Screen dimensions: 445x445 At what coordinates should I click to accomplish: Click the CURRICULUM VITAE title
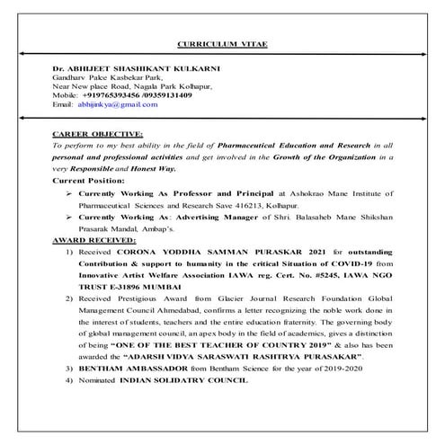click(x=222, y=44)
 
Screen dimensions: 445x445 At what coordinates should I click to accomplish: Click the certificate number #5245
click(x=327, y=278)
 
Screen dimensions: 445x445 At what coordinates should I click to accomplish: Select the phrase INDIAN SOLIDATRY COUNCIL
click(x=184, y=382)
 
